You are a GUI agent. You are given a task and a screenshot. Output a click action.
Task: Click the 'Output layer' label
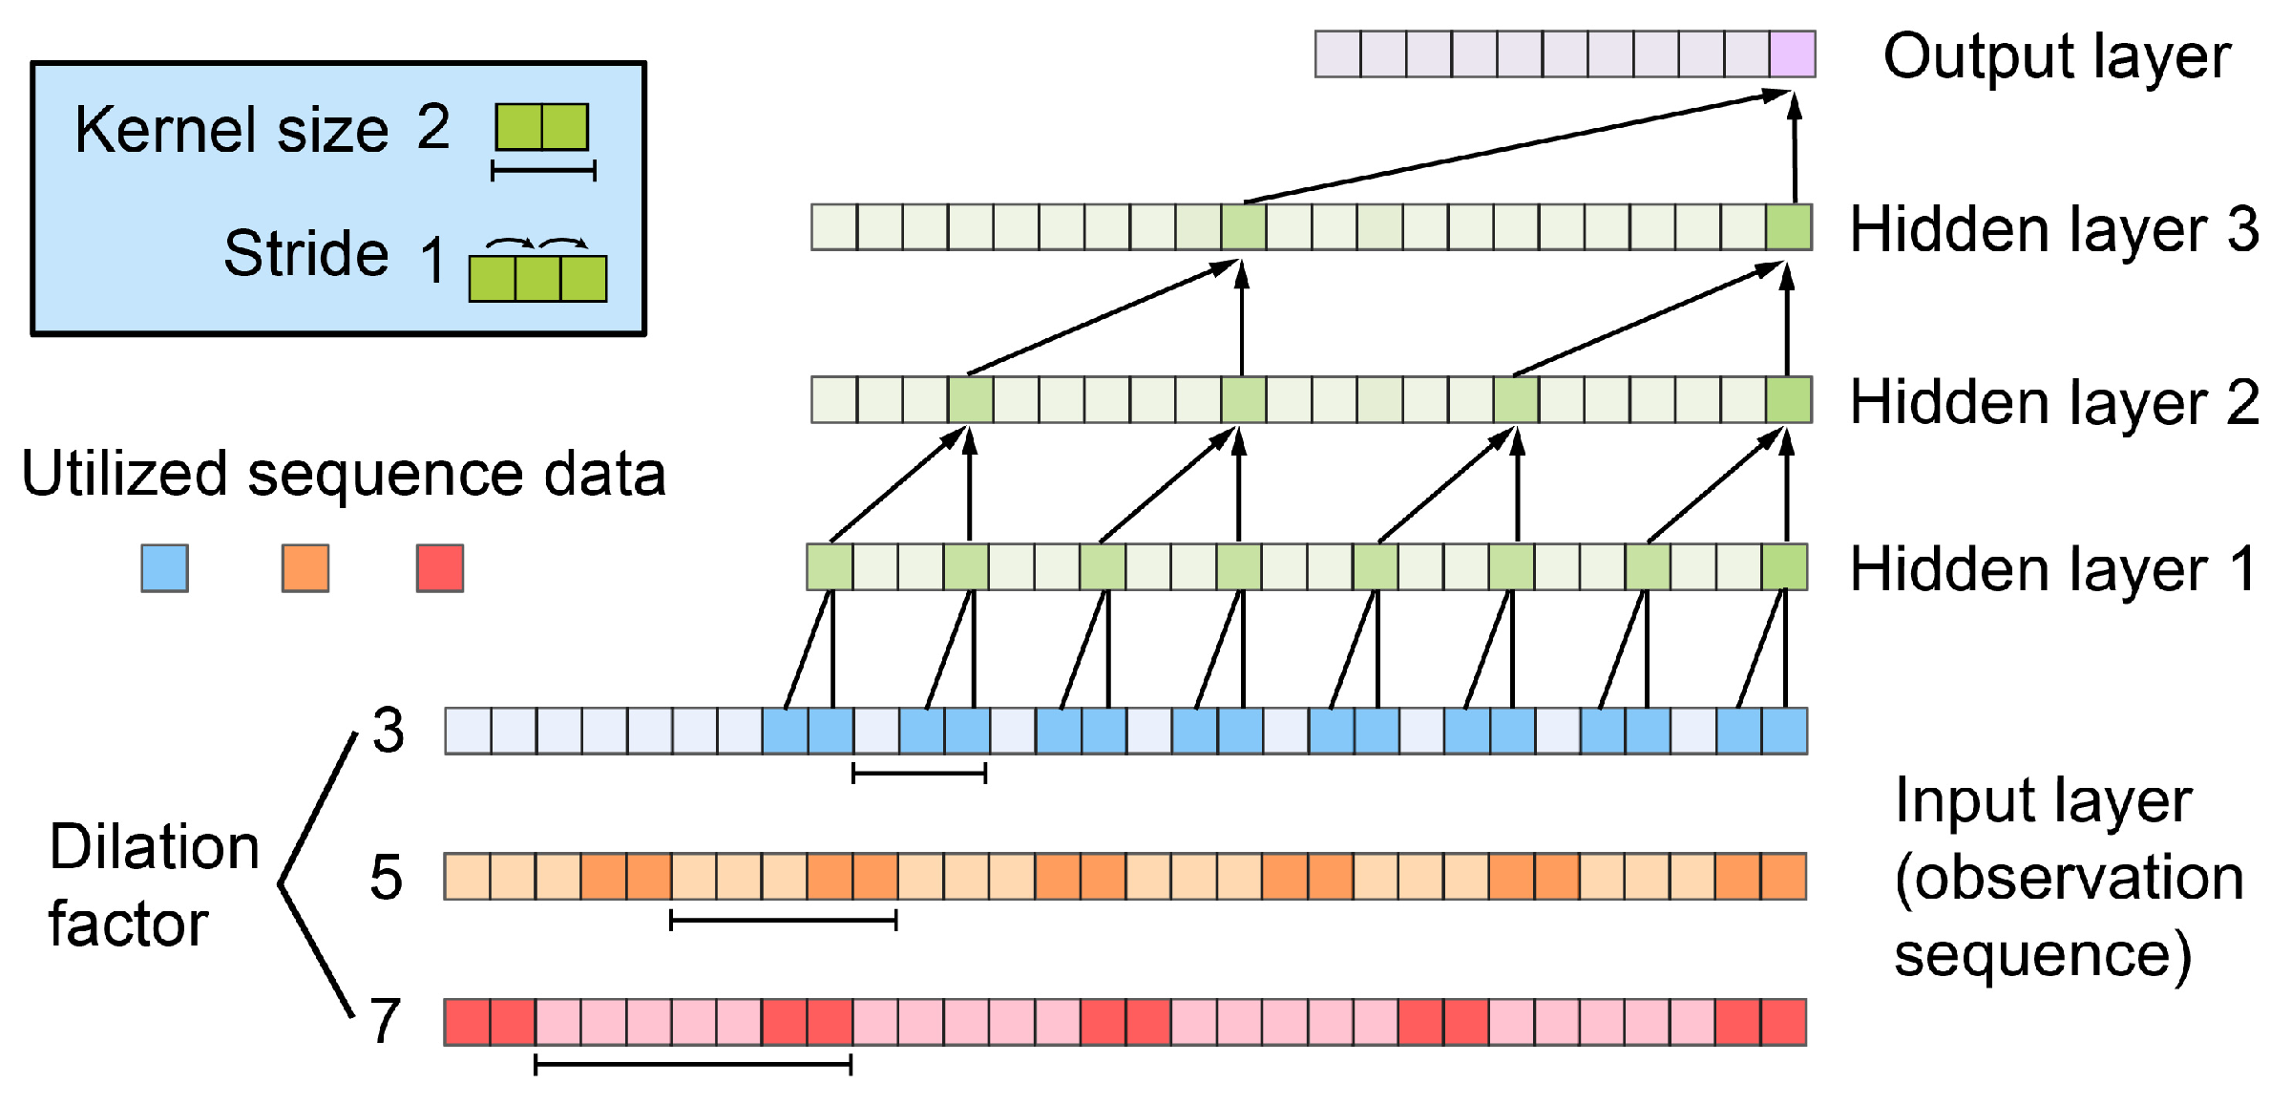2056,57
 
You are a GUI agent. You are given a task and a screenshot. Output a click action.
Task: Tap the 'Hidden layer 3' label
2053,230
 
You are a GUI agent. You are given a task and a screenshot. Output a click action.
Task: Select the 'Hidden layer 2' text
2053,402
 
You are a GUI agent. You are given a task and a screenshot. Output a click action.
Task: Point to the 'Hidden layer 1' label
2053,569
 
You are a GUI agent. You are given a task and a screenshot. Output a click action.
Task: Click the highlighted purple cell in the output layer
1792,54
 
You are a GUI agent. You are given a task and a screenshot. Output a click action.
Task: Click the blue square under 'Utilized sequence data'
164,568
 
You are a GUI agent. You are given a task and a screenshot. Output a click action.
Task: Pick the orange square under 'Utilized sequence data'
305,568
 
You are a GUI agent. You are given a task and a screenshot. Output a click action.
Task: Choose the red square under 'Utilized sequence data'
440,568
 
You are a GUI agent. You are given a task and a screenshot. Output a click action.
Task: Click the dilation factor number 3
389,731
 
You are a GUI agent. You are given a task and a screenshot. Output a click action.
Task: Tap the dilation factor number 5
387,877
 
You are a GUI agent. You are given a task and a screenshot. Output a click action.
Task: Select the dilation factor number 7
385,1021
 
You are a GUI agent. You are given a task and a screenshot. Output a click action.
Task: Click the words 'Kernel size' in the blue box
232,130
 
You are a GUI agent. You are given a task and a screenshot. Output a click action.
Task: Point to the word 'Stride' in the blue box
306,253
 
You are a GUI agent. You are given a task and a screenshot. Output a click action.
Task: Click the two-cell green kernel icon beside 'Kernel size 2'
541,127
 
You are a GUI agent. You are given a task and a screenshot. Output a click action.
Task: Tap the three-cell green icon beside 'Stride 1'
537,278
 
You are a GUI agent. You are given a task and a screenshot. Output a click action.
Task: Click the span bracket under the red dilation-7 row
693,1064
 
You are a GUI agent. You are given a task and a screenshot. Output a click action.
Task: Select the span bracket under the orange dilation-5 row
783,920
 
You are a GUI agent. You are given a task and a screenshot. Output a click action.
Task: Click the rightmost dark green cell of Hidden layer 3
1788,227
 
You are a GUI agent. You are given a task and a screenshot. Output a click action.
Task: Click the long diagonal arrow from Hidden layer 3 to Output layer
1518,147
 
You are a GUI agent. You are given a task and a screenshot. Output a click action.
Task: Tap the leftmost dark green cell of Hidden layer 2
971,400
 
